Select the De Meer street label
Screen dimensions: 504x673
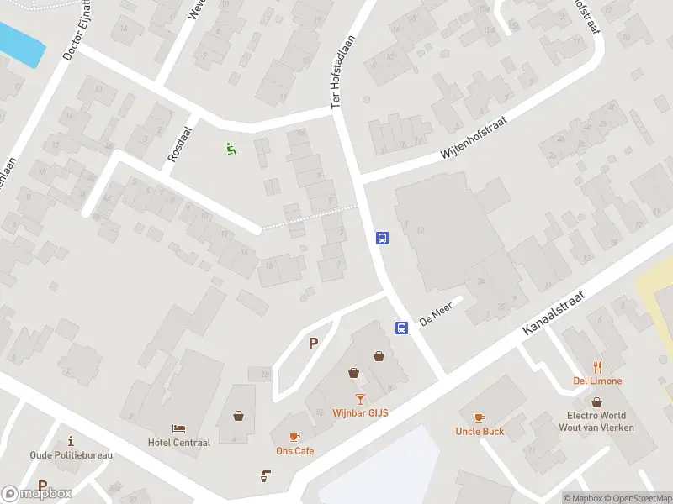point(436,316)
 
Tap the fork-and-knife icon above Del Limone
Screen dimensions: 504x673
point(598,367)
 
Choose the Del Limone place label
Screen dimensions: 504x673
point(598,381)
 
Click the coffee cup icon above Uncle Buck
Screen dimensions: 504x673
point(480,417)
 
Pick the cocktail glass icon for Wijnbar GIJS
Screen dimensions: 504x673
point(360,398)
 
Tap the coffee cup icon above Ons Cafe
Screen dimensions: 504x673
point(294,437)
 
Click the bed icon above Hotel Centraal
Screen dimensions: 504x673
point(178,429)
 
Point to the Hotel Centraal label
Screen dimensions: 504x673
point(178,443)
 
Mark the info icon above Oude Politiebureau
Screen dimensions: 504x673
point(72,441)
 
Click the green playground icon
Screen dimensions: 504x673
point(231,150)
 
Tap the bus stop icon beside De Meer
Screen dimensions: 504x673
point(402,328)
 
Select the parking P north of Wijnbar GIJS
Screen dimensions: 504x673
point(314,343)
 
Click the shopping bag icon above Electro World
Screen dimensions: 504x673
point(596,402)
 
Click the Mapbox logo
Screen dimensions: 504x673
point(37,494)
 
